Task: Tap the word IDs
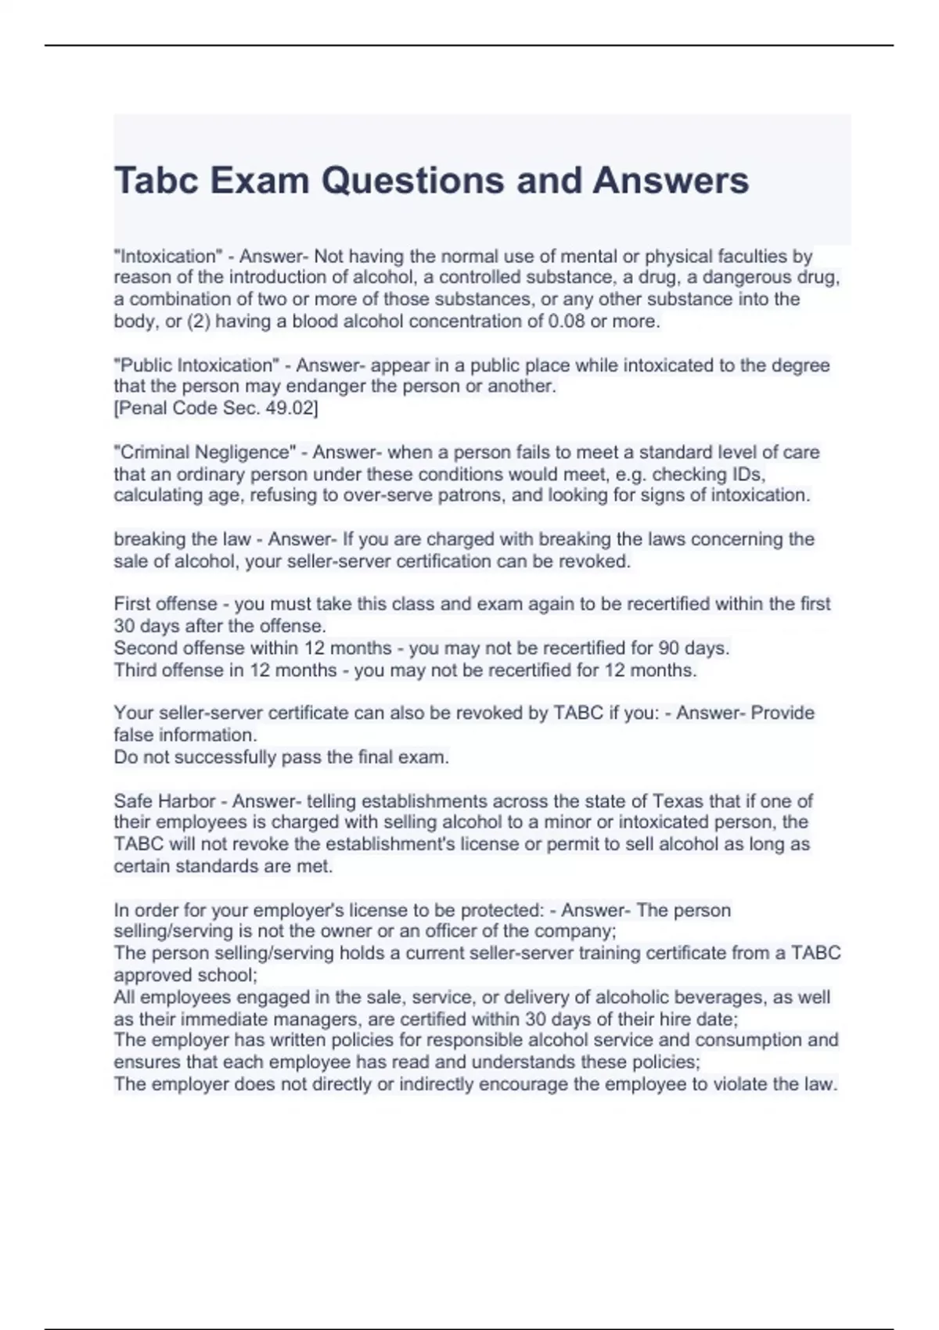[750, 474]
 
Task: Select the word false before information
[134, 735]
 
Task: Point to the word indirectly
[436, 1084]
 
